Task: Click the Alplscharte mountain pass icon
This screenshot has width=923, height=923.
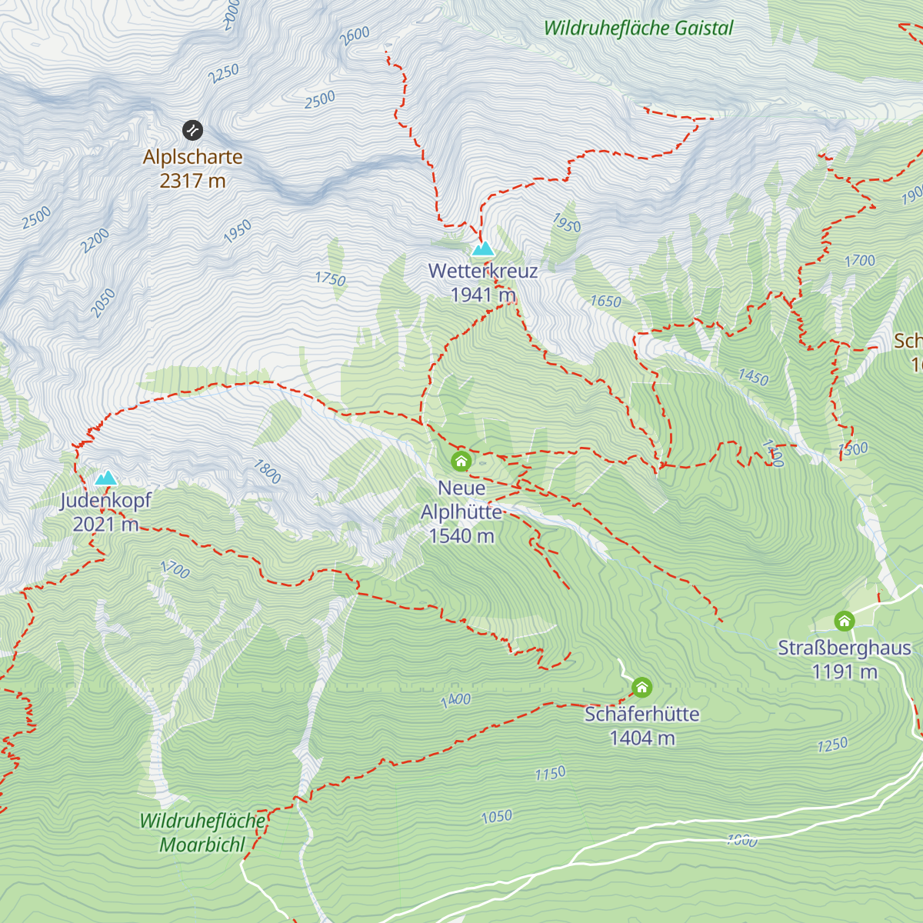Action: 192,130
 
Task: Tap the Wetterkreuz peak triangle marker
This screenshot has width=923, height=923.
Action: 482,248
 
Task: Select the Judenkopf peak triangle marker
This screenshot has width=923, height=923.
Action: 105,478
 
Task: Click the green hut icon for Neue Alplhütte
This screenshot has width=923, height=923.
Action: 461,461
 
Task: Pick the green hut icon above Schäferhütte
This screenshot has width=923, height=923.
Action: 641,687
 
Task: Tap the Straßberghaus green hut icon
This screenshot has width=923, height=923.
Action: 844,621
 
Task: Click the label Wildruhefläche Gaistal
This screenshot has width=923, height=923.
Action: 638,28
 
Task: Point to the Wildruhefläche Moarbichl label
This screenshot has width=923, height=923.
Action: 202,833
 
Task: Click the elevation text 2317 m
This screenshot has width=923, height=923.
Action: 192,181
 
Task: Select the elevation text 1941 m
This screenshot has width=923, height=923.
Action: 482,295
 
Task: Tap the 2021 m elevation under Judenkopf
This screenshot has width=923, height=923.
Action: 105,525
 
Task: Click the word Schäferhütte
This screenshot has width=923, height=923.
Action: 641,715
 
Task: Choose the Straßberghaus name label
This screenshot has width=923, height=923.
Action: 844,648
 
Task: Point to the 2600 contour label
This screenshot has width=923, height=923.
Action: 355,35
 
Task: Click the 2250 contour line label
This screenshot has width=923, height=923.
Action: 224,74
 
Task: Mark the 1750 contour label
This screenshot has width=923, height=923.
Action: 330,278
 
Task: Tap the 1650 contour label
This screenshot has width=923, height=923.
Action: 605,302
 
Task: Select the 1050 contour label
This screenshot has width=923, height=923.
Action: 496,816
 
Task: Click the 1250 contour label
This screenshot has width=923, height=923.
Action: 832,745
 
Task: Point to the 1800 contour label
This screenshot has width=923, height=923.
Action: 267,471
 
